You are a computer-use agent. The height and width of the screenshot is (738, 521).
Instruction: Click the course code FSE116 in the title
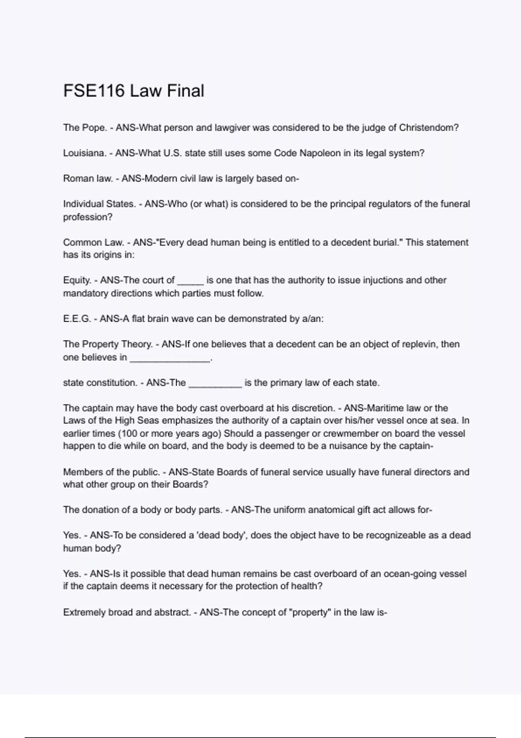94,91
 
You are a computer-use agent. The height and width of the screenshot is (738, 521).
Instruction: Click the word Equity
77,280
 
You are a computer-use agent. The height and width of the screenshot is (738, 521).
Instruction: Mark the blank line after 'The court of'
191,281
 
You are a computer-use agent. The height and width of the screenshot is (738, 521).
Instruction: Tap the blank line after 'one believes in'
170,359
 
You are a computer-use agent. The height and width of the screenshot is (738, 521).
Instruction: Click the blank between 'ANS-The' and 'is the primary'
215,384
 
